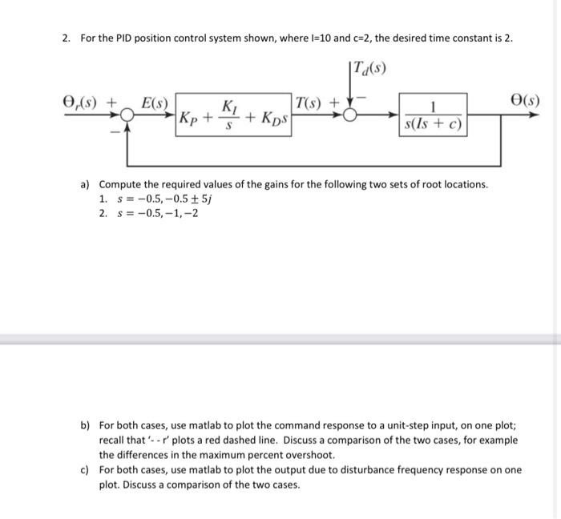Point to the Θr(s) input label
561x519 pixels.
click(x=83, y=103)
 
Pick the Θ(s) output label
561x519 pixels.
click(x=524, y=102)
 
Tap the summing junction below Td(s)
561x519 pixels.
click(x=349, y=115)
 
